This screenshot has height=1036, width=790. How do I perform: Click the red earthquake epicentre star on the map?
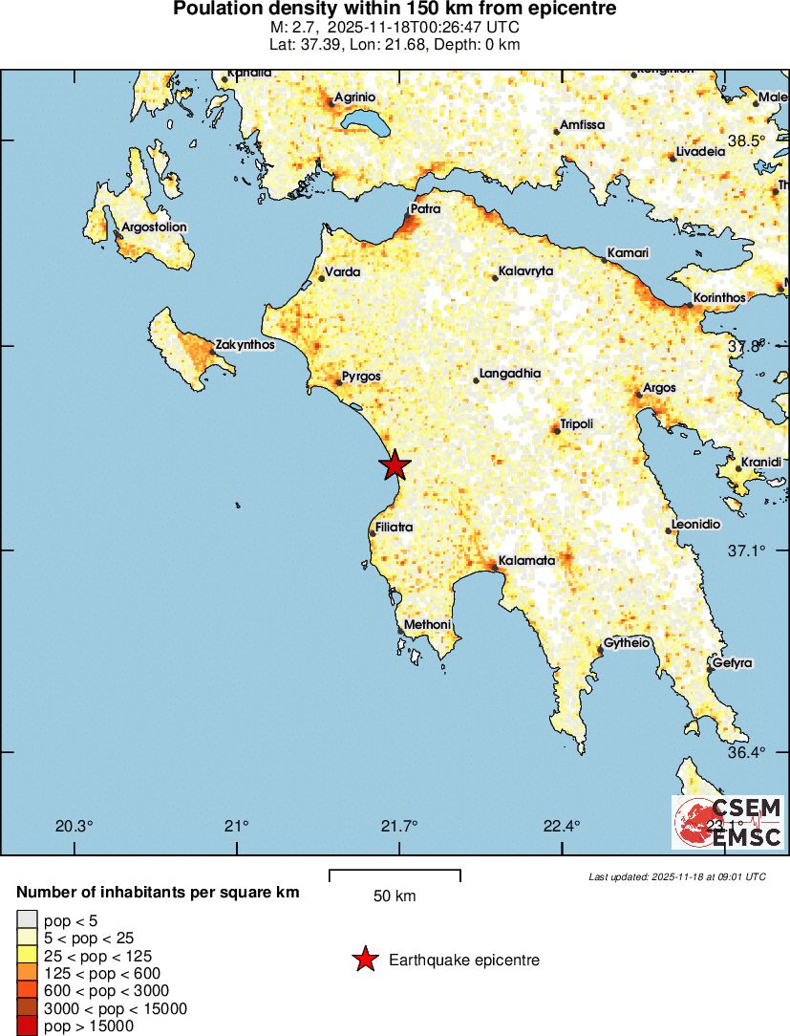point(395,465)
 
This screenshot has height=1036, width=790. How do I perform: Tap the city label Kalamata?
point(526,561)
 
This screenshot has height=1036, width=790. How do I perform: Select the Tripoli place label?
point(576,423)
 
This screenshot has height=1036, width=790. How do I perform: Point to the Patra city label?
point(425,208)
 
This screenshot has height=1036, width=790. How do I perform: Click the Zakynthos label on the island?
point(246,344)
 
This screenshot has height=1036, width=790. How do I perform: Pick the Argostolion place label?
point(154,227)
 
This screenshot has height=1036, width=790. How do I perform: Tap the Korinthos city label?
point(718,298)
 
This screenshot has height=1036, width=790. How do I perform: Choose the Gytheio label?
point(627,643)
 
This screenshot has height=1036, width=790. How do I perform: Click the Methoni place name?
point(427,625)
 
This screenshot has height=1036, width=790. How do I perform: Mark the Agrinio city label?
point(354,97)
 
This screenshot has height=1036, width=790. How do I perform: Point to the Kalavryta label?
point(525,271)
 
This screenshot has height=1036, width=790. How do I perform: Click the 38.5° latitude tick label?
point(746,141)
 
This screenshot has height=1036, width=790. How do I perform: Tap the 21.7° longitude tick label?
point(399,826)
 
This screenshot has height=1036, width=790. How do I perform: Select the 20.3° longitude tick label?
point(75,826)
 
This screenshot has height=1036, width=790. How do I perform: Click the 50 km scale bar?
point(395,875)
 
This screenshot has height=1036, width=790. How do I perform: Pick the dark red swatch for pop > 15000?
point(27,1026)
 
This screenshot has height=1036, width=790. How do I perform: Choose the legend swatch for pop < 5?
point(27,921)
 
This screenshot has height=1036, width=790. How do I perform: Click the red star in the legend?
point(364,960)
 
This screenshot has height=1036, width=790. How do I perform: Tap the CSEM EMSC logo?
point(728,822)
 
